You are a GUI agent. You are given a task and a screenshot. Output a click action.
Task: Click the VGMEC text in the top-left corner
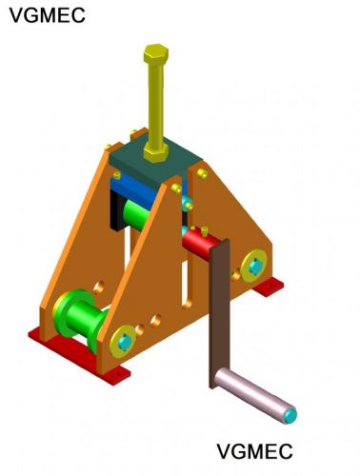click(x=47, y=15)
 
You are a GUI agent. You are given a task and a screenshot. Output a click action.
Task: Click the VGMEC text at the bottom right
click(x=254, y=451)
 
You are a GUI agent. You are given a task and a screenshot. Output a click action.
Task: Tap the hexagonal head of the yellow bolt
click(x=156, y=54)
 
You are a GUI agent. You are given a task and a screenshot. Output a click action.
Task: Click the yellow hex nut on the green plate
click(x=155, y=152)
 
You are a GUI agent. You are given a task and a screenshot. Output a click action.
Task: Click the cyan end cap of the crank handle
click(x=290, y=415)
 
